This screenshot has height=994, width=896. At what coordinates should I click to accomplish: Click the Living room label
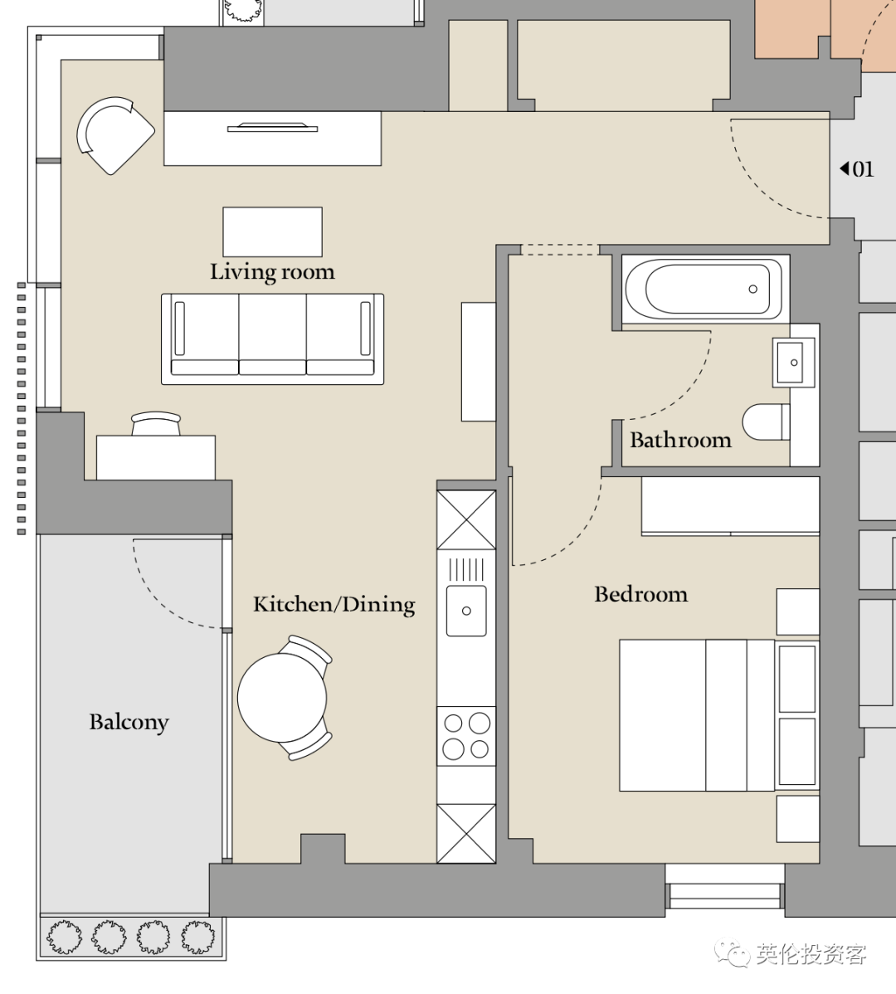point(272,272)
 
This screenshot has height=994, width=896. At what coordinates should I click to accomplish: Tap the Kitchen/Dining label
point(334,604)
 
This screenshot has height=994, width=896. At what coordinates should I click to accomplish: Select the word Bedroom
point(640,594)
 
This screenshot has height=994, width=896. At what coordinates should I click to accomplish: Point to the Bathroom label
point(680,439)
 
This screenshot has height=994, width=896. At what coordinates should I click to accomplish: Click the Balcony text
point(129,722)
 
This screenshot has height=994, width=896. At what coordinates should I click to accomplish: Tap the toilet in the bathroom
point(766,421)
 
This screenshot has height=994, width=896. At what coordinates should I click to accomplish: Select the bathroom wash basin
point(793,362)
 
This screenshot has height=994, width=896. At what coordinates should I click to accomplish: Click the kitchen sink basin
point(466,611)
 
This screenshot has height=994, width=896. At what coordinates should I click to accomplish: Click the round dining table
point(282,697)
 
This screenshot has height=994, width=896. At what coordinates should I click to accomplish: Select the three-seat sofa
point(272,339)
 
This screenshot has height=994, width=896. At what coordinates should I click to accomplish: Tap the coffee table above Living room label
point(272,231)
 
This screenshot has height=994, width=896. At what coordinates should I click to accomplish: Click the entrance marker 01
point(857,168)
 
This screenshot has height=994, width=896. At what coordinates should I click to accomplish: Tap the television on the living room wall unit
point(272,128)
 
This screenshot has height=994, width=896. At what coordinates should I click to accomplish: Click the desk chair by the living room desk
point(156,423)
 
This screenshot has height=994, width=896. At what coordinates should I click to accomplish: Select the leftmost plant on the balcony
point(64,936)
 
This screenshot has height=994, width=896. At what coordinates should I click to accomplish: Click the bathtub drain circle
point(752,289)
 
